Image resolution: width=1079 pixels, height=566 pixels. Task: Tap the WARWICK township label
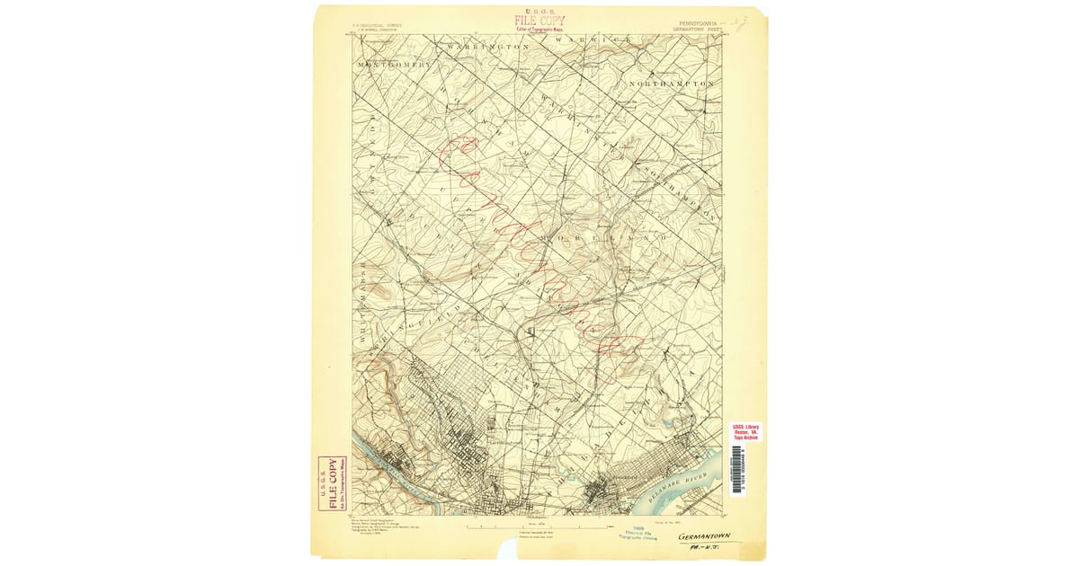click(x=590, y=41)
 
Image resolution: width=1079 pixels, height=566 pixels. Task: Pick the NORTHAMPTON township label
click(x=672, y=84)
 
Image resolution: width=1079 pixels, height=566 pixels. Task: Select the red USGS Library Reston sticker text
click(x=745, y=431)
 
